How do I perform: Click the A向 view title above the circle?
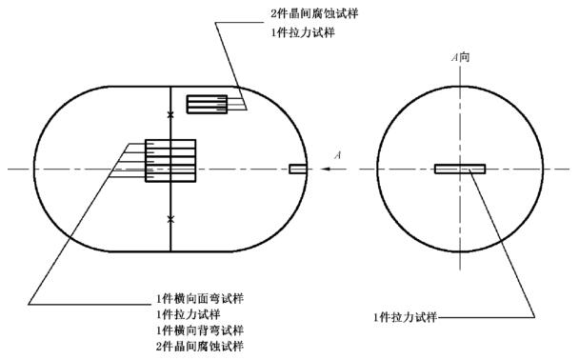click(460, 58)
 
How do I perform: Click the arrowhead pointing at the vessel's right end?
click(326, 170)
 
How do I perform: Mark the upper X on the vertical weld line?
click(170, 115)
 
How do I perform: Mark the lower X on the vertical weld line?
click(170, 220)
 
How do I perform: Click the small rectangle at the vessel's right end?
click(298, 170)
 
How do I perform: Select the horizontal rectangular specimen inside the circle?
click(460, 170)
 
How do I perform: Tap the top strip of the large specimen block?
click(170, 144)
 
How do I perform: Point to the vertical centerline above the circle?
click(460, 75)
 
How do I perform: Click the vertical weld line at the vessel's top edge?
click(170, 87)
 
